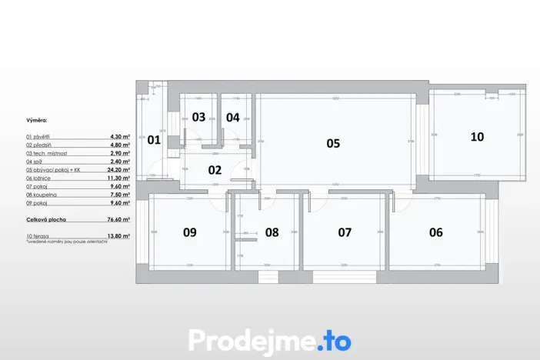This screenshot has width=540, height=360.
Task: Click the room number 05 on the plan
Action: [x=332, y=143]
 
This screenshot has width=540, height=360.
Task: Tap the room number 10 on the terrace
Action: [x=477, y=137]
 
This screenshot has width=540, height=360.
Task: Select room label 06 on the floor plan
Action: [x=435, y=232]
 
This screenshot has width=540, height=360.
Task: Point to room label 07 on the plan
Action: [x=345, y=232]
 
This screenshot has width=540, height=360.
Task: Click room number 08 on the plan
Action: [x=272, y=232]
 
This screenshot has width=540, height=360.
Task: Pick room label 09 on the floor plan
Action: [x=189, y=232]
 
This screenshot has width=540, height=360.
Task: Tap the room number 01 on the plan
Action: [x=154, y=140]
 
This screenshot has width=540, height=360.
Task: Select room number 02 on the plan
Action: [x=215, y=170]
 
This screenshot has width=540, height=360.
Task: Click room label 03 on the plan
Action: [x=198, y=118]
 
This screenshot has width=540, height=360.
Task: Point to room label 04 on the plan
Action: [x=232, y=118]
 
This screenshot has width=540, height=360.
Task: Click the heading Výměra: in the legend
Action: [x=36, y=121]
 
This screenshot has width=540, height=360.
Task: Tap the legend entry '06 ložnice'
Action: [x=41, y=178]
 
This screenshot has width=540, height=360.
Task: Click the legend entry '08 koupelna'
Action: [x=42, y=195]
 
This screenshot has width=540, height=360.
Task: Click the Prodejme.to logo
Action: [x=270, y=340]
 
